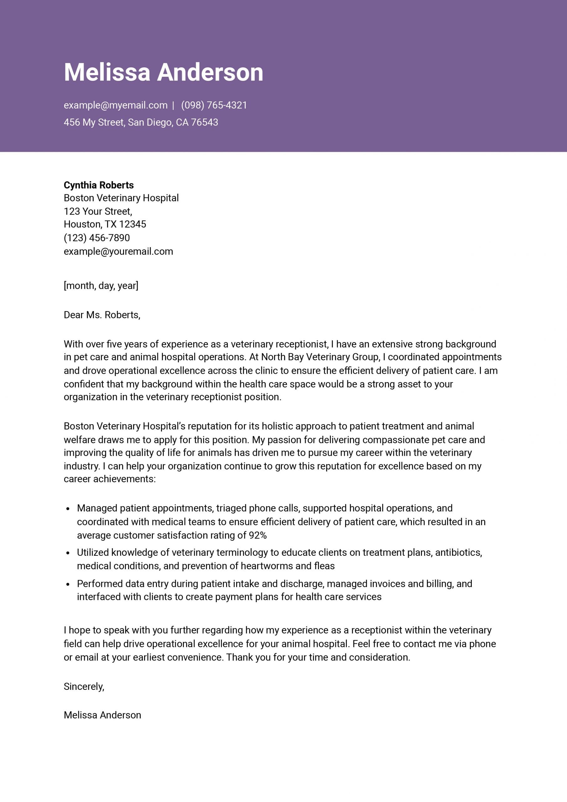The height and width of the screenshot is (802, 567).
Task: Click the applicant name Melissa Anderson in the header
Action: (163, 72)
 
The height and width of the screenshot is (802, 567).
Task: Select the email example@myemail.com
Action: (115, 105)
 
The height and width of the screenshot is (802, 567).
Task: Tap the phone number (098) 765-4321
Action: (214, 105)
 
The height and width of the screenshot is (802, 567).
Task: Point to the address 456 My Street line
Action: (141, 122)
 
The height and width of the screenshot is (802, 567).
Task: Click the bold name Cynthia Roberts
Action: (98, 185)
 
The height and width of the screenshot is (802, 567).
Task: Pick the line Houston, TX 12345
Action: (105, 224)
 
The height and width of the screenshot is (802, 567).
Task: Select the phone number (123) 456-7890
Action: (97, 238)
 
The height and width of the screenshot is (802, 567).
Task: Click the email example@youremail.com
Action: (118, 252)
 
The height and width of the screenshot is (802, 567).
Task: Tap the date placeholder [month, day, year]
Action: (101, 286)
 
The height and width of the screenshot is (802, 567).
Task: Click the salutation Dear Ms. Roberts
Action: (102, 315)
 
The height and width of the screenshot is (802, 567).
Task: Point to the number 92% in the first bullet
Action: (257, 535)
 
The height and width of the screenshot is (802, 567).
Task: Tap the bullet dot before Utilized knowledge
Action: (68, 553)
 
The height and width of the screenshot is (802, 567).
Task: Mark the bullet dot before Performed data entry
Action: (68, 584)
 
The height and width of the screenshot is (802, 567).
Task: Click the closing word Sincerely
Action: (84, 687)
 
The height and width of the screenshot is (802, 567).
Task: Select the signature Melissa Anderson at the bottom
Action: (102, 715)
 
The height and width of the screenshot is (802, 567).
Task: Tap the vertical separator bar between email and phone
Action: (173, 106)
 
